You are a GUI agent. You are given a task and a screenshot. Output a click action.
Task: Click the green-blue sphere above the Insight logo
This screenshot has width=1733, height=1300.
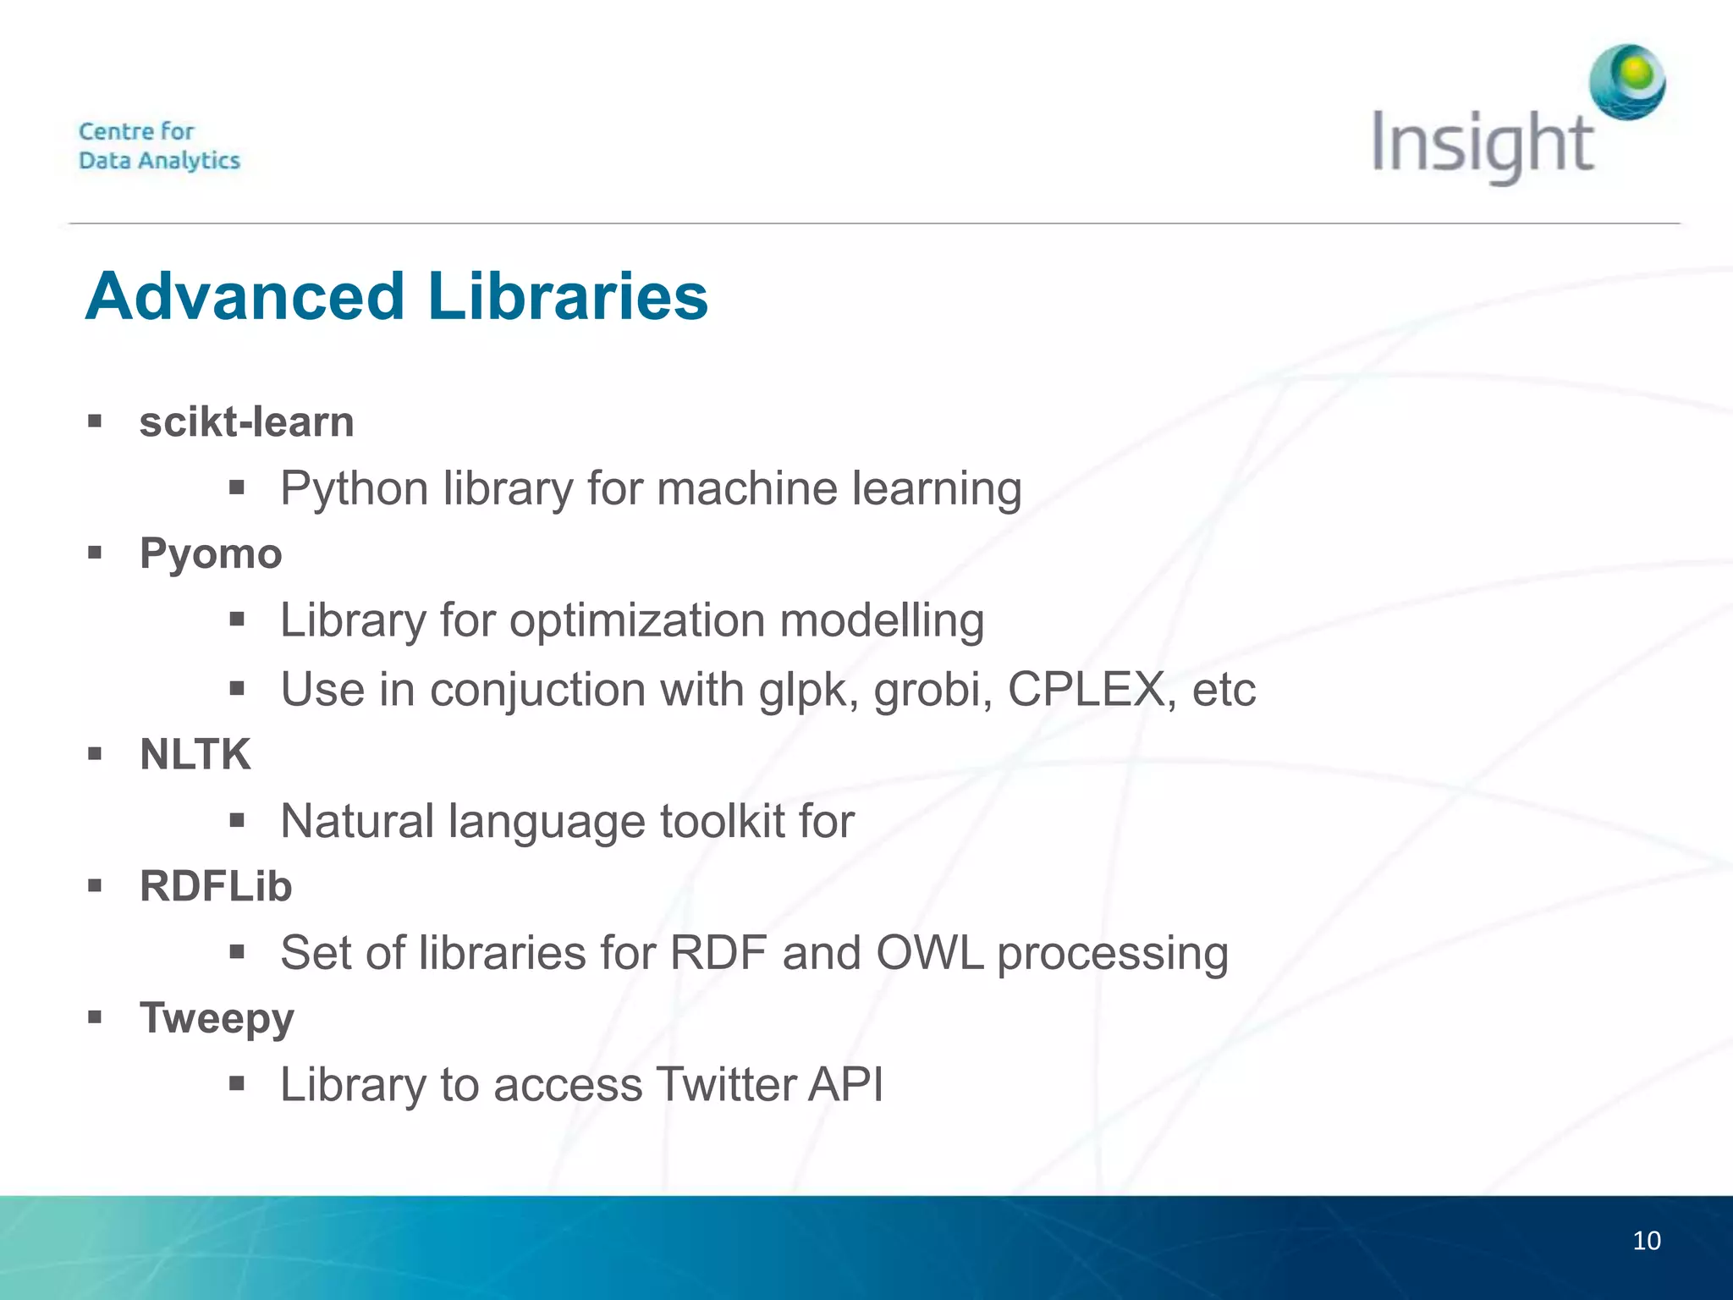click(1627, 82)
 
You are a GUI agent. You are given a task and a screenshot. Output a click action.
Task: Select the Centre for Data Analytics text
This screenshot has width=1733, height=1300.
click(159, 146)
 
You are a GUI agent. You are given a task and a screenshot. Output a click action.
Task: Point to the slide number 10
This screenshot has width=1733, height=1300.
click(1646, 1241)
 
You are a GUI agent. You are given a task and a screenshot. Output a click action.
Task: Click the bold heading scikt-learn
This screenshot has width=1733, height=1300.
click(246, 421)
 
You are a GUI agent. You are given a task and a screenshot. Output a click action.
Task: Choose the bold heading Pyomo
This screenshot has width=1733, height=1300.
click(211, 554)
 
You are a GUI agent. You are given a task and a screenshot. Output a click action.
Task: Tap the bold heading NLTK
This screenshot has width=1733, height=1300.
click(195, 754)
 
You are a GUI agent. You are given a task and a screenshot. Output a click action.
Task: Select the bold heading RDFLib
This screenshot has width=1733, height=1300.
click(216, 886)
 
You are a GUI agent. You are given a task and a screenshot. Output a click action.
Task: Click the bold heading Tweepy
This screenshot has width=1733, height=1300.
click(217, 1018)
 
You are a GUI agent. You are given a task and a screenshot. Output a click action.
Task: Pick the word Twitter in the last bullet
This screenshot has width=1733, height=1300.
click(725, 1084)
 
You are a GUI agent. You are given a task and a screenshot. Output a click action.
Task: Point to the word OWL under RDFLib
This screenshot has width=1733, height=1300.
click(929, 952)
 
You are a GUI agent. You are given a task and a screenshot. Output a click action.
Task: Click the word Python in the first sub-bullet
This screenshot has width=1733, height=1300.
click(355, 489)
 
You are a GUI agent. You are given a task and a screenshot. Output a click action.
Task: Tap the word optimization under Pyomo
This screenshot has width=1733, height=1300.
click(637, 620)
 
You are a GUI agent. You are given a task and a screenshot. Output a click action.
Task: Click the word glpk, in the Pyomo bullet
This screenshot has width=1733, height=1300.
click(808, 691)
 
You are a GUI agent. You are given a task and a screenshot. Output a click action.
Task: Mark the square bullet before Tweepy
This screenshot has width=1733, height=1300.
click(95, 1016)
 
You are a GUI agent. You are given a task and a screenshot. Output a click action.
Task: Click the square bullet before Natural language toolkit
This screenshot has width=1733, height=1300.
click(236, 819)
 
